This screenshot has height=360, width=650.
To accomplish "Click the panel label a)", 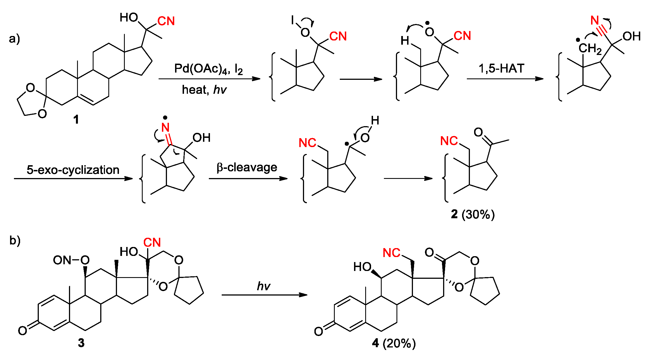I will (x=14, y=39).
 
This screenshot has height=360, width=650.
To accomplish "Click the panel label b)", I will (x=15, y=240).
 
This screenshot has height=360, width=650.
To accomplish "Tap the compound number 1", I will (x=76, y=119).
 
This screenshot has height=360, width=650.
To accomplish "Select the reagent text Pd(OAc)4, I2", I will (x=208, y=69).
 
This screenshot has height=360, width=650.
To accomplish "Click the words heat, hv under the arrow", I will (x=204, y=90).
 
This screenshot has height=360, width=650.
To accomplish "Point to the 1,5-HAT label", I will (x=501, y=68).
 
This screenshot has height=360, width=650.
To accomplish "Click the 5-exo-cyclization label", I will (x=73, y=170).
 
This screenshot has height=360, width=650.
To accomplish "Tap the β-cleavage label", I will (x=247, y=167).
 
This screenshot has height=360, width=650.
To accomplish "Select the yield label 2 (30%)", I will (x=473, y=214).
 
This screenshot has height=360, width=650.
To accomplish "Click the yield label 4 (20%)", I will (x=394, y=343).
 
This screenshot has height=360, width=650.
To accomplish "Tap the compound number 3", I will (x=81, y=343).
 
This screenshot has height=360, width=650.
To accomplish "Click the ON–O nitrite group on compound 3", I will (x=71, y=260).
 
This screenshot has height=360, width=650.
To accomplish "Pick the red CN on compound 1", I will (x=166, y=21).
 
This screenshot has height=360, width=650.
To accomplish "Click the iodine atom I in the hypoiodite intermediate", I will (x=292, y=20).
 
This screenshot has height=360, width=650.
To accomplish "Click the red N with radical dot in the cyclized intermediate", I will (x=165, y=127).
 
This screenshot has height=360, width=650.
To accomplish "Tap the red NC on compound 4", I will (x=391, y=253).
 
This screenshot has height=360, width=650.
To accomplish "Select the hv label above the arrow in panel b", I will (x=263, y=286).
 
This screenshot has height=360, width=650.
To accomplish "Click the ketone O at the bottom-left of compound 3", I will (x=23, y=331).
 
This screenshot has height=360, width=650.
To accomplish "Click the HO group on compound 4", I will (x=362, y=267).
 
